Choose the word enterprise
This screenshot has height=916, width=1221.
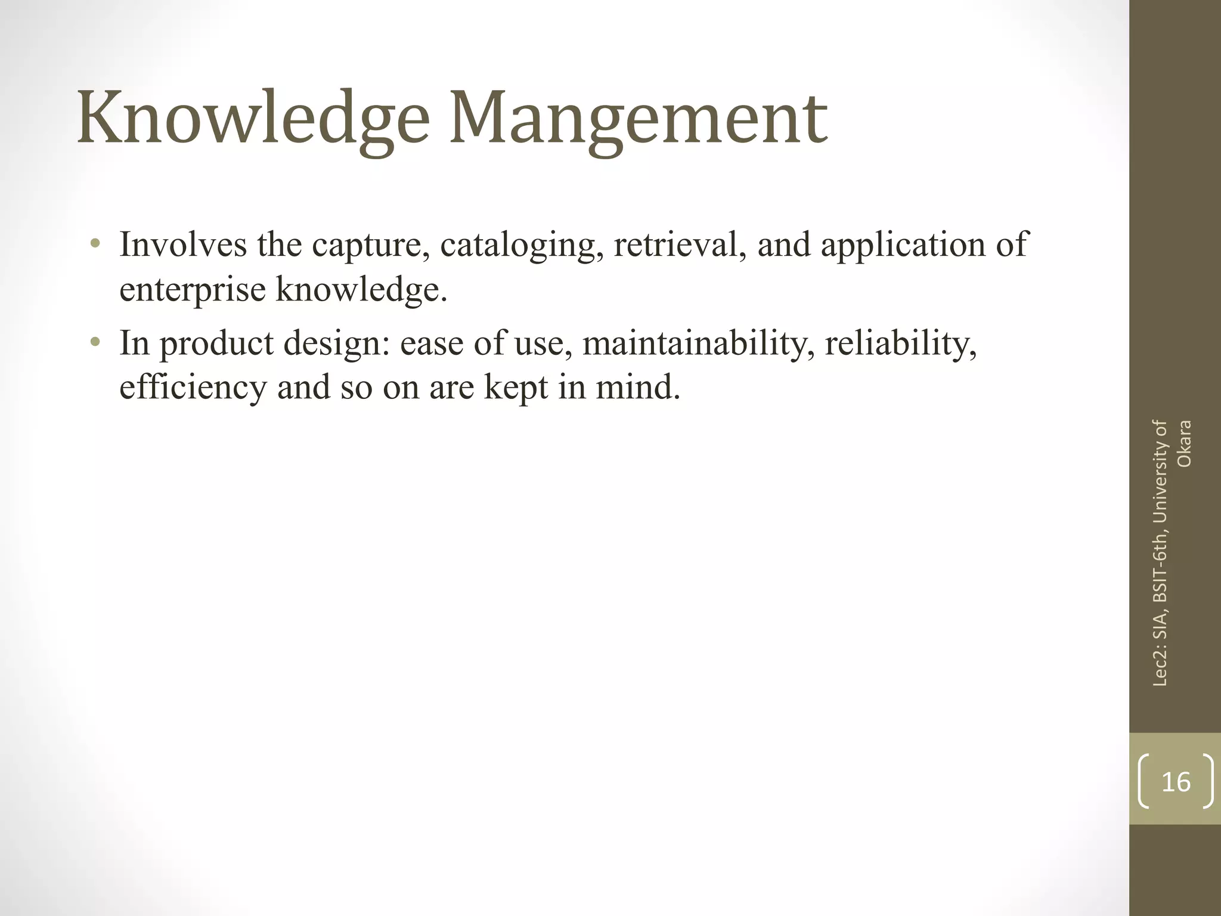point(192,291)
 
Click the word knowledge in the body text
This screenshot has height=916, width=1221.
point(361,291)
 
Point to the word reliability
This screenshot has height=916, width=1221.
point(900,343)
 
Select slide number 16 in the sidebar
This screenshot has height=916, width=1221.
point(1176,782)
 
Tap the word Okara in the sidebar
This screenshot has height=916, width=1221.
point(1184,444)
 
